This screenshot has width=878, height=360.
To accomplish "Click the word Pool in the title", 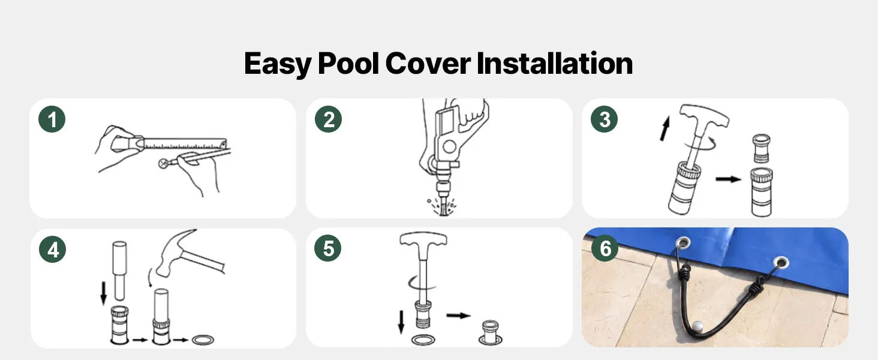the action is coord(348,63).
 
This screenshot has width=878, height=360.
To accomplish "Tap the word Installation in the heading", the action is coord(555,63).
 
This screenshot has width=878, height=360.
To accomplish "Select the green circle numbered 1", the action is coord(52,119).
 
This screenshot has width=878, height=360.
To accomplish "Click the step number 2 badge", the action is coord(328,119).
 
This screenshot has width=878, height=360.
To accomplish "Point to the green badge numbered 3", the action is coord(604,119).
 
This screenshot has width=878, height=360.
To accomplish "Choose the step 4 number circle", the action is coord(53,250).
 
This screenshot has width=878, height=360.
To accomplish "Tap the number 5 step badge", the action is coord(327,248).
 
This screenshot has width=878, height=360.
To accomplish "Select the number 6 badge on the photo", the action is coord(605,248).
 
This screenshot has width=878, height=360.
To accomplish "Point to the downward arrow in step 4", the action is coord(104,293).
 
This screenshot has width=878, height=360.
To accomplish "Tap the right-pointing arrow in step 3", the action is coord(728,179).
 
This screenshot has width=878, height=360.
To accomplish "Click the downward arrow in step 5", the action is coord(401,322).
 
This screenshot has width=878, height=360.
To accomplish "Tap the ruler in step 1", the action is coord(184,143).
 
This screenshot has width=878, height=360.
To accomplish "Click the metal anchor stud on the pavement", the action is coord(697,326).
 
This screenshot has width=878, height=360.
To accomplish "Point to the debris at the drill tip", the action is coord(443,206).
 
